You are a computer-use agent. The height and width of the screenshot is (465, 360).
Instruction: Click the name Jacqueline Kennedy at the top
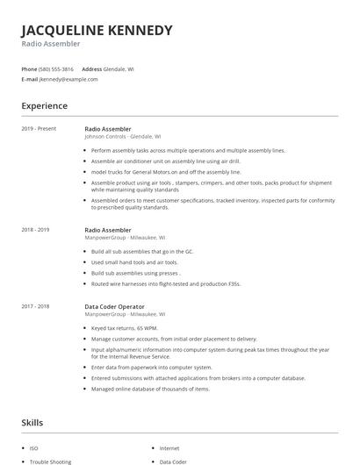(x=97, y=30)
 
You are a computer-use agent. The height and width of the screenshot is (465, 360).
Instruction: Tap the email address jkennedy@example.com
(x=68, y=79)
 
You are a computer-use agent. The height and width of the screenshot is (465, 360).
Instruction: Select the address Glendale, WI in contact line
(x=119, y=68)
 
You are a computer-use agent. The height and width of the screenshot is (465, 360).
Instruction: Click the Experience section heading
(x=44, y=106)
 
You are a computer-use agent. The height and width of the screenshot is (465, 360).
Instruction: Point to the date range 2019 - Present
(x=39, y=129)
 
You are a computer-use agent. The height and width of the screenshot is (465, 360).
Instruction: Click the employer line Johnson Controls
(x=122, y=137)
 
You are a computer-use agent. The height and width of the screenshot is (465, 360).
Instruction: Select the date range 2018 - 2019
(x=35, y=230)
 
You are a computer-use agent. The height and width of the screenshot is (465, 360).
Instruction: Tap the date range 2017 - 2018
(x=35, y=306)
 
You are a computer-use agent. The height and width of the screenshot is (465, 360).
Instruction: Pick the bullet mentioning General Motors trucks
(x=166, y=172)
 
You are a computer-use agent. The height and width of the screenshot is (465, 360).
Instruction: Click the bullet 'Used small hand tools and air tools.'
(x=134, y=262)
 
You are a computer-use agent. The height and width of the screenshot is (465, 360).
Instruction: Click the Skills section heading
(x=33, y=422)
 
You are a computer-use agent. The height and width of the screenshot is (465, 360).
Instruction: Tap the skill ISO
(x=34, y=448)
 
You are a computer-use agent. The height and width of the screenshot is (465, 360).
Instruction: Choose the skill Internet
(x=169, y=448)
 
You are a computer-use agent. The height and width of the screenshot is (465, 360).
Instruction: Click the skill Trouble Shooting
(x=49, y=461)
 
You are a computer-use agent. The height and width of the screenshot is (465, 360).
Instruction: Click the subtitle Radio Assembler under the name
(x=51, y=43)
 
